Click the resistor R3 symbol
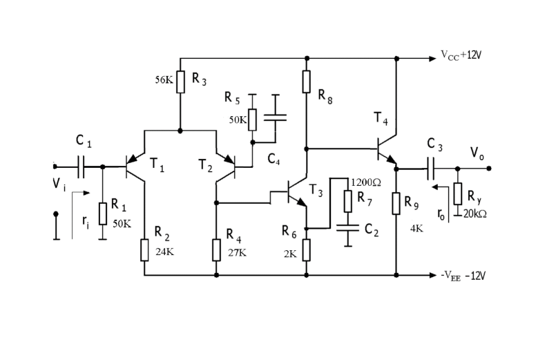(180, 82)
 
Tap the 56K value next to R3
(164, 79)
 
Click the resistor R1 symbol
(102, 214)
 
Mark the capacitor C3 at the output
(430, 167)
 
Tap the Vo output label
(477, 152)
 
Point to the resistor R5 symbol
(252, 119)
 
